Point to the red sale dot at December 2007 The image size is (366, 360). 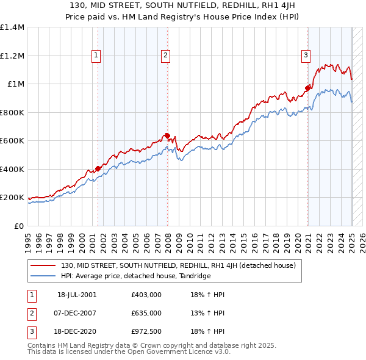click(x=167, y=135)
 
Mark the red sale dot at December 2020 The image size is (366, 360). click(x=308, y=88)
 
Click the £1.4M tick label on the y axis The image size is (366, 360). click(x=12, y=27)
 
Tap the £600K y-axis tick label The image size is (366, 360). click(x=12, y=141)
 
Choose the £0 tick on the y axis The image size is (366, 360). click(x=18, y=226)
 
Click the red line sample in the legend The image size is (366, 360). click(x=43, y=265)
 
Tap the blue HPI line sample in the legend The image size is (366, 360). click(x=43, y=276)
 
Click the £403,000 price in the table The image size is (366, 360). click(x=146, y=295)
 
